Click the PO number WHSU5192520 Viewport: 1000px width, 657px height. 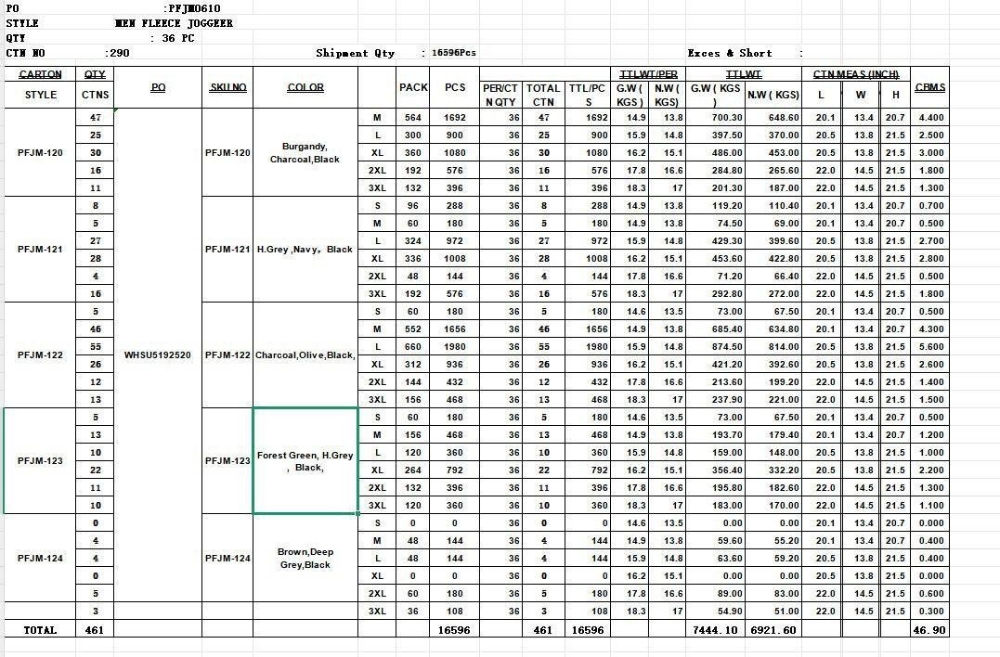pos(157,355)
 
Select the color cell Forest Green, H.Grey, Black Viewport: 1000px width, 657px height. pos(305,461)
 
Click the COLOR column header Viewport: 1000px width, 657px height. pos(305,87)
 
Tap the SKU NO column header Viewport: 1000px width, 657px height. pos(227,87)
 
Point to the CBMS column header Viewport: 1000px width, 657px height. pos(929,87)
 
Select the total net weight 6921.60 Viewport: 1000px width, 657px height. pos(773,630)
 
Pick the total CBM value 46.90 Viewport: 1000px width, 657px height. pos(929,630)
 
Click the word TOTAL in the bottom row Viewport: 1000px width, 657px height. pos(40,630)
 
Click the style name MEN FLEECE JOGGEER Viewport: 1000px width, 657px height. pos(174,23)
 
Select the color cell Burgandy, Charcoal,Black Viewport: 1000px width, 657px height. pos(305,153)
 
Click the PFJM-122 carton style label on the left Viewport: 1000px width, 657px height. pos(40,355)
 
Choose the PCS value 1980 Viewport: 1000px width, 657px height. pos(454,347)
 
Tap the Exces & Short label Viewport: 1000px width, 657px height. pos(730,53)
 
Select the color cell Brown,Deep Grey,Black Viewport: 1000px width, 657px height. pos(305,558)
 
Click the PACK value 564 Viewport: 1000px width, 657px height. pos(412,118)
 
